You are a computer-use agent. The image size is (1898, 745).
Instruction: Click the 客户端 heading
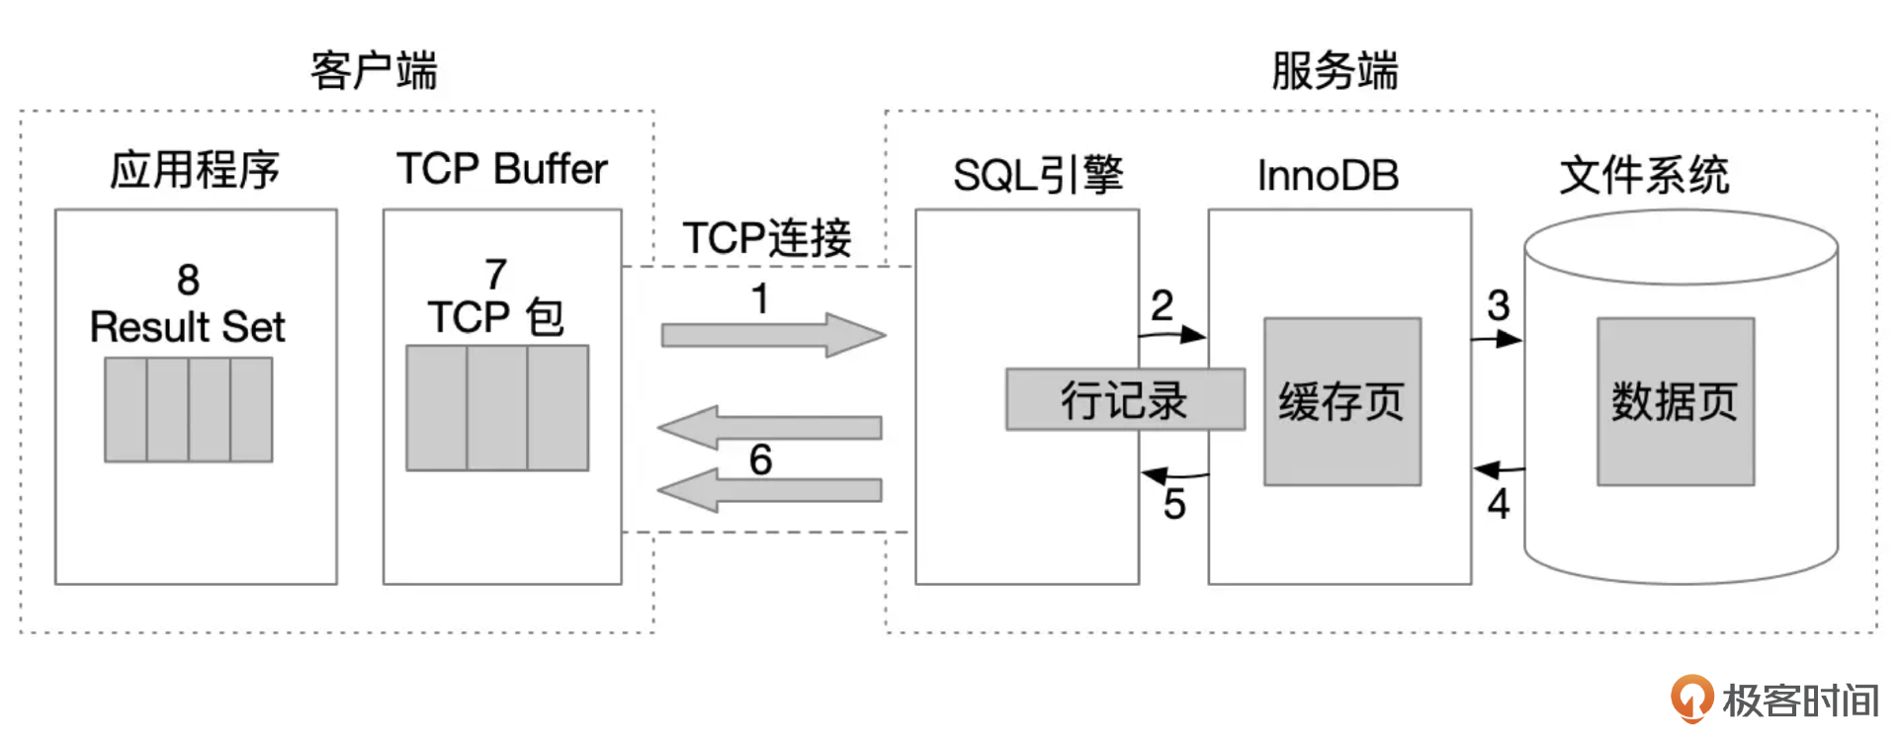pyautogui.click(x=374, y=71)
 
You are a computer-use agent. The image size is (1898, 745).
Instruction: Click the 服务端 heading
pyautogui.click(x=1335, y=71)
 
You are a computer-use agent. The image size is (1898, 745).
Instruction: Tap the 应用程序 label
pyautogui.click(x=195, y=170)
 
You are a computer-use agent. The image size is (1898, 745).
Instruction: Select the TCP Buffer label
pyautogui.click(x=501, y=169)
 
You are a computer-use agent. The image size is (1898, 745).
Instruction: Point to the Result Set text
pyautogui.click(x=187, y=327)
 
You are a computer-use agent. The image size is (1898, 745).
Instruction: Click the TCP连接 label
pyautogui.click(x=766, y=238)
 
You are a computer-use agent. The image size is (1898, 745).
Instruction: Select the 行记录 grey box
pyautogui.click(x=1125, y=400)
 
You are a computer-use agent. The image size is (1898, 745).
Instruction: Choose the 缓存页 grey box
pyautogui.click(x=1341, y=401)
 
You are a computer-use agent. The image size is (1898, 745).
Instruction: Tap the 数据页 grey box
pyautogui.click(x=1676, y=401)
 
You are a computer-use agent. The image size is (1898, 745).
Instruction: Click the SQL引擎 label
pyautogui.click(x=1038, y=175)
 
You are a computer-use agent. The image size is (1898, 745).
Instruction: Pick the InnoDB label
pyautogui.click(x=1328, y=176)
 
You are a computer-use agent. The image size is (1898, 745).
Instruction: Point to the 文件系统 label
pyautogui.click(x=1644, y=175)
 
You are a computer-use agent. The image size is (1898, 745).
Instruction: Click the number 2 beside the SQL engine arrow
pyautogui.click(x=1162, y=305)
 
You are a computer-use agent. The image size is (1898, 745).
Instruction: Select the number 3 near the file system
pyautogui.click(x=1498, y=305)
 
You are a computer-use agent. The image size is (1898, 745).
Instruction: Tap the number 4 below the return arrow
pyautogui.click(x=1499, y=504)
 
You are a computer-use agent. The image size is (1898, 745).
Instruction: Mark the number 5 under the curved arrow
pyautogui.click(x=1174, y=505)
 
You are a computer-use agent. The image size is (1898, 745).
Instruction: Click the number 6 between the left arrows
pyautogui.click(x=760, y=459)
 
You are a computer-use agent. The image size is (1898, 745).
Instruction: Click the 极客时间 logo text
pyautogui.click(x=1799, y=701)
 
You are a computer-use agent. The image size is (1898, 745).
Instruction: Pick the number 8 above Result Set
pyautogui.click(x=188, y=281)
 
